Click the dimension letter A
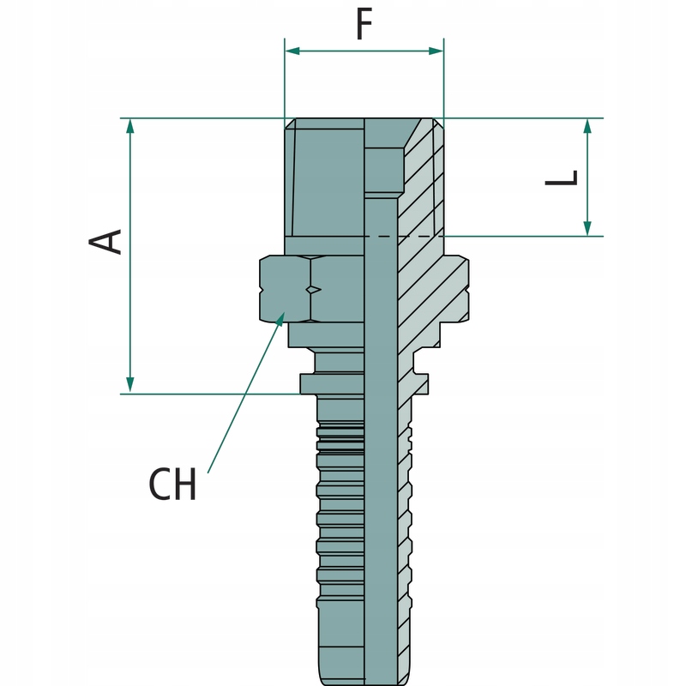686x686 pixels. tap(107, 242)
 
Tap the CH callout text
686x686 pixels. tap(173, 485)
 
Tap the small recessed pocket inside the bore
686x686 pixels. tap(384, 170)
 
